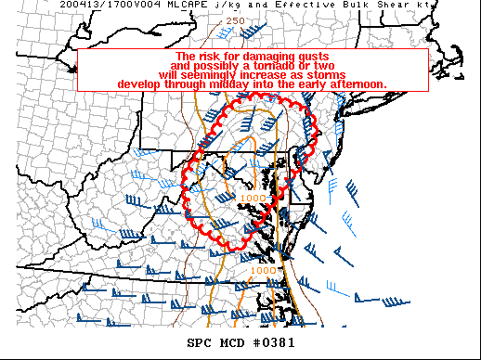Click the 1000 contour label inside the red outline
[x=252, y=198]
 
